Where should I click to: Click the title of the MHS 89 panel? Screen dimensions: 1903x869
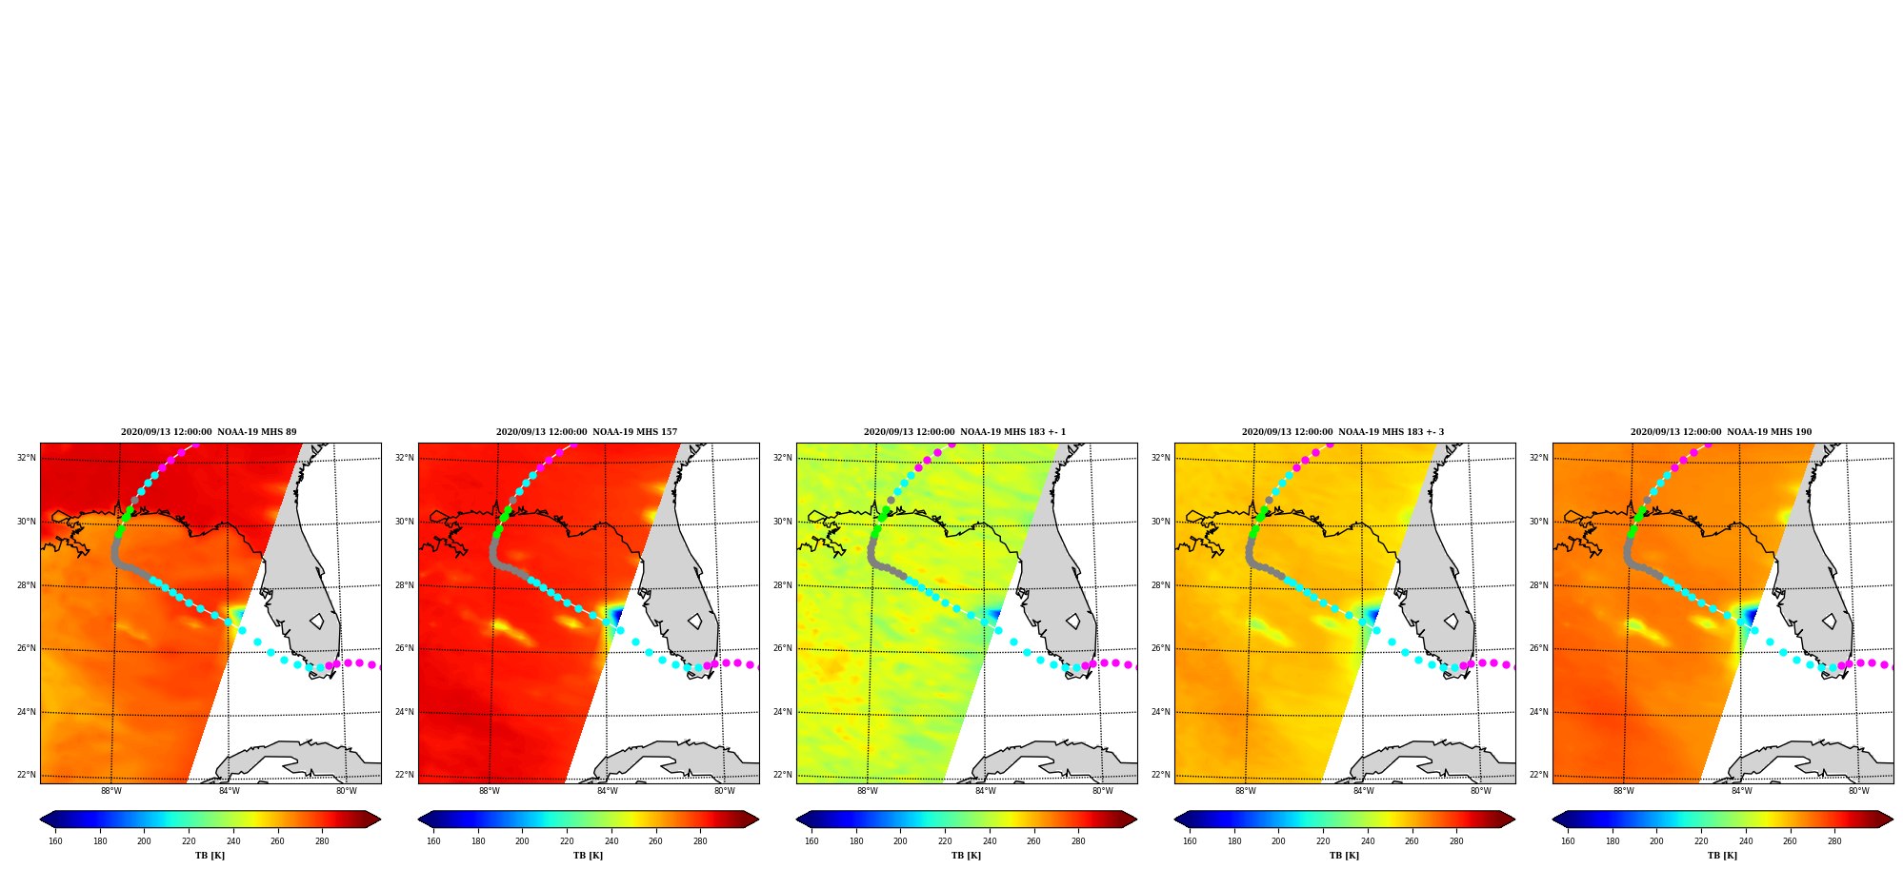(x=209, y=432)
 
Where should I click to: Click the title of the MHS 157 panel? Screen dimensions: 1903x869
(x=587, y=432)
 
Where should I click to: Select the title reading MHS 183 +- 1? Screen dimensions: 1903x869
(x=965, y=432)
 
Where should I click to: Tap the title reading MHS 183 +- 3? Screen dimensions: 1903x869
(x=1343, y=432)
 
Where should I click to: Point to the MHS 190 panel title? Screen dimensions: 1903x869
(x=1721, y=432)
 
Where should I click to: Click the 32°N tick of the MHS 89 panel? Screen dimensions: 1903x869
(x=26, y=458)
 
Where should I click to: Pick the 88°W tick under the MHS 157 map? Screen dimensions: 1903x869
(x=490, y=791)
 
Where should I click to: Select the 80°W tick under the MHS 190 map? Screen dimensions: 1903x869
(x=1859, y=791)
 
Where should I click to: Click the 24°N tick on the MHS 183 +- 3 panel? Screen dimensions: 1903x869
(x=1160, y=712)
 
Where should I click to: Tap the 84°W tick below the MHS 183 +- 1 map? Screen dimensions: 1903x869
(x=985, y=791)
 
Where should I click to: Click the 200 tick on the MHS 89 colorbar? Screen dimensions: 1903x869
(x=144, y=840)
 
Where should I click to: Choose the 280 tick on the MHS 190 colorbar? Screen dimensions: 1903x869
(x=1834, y=840)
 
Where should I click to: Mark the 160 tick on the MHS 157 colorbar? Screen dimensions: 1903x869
(x=433, y=840)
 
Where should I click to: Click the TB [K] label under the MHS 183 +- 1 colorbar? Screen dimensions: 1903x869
(x=966, y=856)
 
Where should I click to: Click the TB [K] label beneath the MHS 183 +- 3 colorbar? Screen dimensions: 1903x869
(x=1344, y=856)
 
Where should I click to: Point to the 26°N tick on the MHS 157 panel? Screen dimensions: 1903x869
(x=404, y=649)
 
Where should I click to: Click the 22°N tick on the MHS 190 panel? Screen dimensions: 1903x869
(x=1538, y=775)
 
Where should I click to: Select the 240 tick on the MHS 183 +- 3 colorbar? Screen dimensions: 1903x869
(x=1368, y=840)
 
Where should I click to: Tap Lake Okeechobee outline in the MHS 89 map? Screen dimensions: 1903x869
(x=316, y=622)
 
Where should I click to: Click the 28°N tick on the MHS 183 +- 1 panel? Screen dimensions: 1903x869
(x=782, y=585)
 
